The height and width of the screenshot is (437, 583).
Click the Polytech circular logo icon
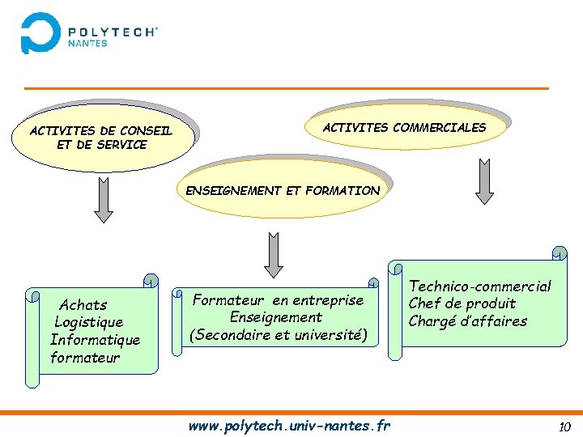[x=40, y=32]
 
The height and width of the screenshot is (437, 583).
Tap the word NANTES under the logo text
[x=87, y=44]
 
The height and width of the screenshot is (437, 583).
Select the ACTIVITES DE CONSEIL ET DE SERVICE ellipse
[x=102, y=138]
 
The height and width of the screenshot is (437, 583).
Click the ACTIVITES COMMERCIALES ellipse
[x=405, y=127]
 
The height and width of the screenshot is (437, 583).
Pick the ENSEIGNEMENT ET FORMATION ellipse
[x=283, y=191]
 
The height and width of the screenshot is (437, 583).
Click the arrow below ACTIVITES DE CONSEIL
[x=103, y=200]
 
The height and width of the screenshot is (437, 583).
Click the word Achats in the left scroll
[x=83, y=305]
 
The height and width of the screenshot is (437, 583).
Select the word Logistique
[x=89, y=322]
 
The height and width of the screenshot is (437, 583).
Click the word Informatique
[x=95, y=340]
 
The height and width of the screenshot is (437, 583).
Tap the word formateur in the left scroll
[x=85, y=358]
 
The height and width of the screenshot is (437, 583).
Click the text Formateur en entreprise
[x=278, y=300]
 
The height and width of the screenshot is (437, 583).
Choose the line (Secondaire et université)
[x=278, y=335]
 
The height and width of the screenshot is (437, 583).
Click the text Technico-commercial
[x=479, y=286]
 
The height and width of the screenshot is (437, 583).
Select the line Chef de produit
[x=462, y=303]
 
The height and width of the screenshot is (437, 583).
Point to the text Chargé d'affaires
[x=467, y=321]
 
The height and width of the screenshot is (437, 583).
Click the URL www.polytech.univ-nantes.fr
[x=289, y=426]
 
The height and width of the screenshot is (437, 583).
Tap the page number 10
[x=564, y=426]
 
